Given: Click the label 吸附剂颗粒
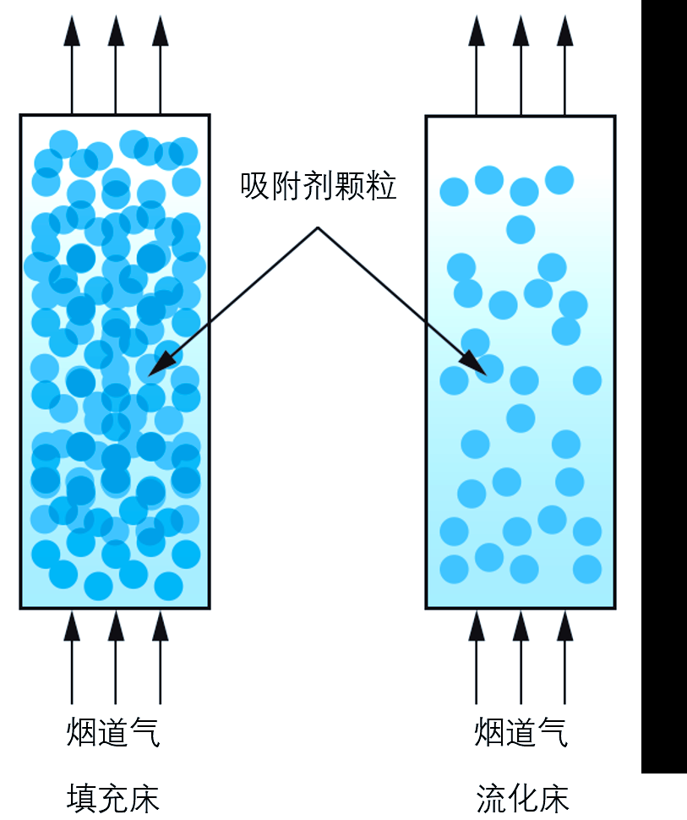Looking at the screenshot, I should [x=318, y=186].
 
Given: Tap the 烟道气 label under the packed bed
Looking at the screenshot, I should [x=113, y=732].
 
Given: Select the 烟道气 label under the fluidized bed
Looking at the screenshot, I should [x=521, y=732].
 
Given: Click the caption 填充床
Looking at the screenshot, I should [x=113, y=799].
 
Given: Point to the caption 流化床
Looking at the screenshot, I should [x=522, y=799].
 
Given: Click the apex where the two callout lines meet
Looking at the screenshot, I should [x=318, y=227].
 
